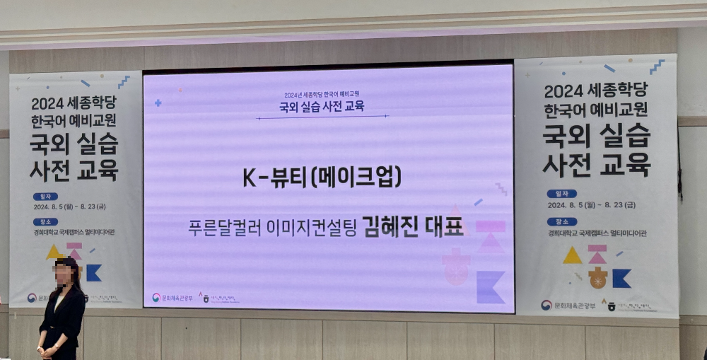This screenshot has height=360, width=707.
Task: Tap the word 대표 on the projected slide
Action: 444,228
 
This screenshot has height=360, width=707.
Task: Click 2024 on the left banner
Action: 48,104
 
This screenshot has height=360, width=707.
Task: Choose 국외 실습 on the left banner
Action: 74,144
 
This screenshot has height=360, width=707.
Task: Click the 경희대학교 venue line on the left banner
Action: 76,232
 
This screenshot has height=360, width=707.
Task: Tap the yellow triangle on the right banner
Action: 572,256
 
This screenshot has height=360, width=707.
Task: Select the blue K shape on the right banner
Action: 621,279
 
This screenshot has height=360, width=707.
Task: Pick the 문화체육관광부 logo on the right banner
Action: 566,306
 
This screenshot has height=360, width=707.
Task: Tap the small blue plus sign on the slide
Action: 158,103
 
